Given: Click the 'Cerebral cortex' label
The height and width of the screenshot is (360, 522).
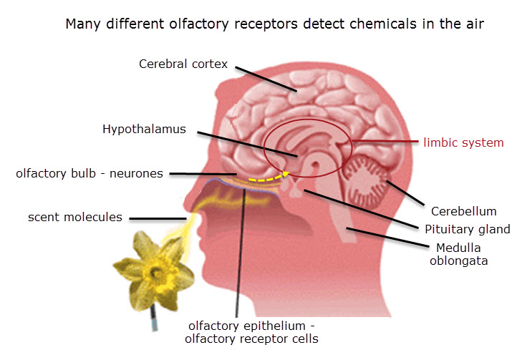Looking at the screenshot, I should [x=183, y=64].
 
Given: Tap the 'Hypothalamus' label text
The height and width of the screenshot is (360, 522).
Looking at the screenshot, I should [x=144, y=130].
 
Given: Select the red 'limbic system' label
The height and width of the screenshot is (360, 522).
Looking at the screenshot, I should [x=463, y=142].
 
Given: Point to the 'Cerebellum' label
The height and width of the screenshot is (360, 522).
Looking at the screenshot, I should [x=463, y=211].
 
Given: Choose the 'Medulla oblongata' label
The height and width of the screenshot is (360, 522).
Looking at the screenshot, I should [x=458, y=254].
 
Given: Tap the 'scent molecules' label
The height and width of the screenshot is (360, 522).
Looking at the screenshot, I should [x=75, y=216].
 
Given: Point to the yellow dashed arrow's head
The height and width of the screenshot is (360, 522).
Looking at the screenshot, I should [x=287, y=172].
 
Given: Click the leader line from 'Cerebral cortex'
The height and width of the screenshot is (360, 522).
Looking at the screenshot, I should [x=266, y=79].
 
